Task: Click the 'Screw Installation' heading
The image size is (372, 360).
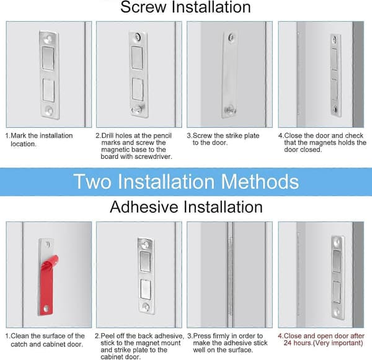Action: click(185, 7)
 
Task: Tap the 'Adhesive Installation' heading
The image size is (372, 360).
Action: click(186, 207)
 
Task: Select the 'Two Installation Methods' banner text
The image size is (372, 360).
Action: click(186, 182)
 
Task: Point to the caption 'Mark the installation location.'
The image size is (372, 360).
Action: click(39, 140)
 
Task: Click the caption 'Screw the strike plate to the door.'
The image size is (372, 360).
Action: click(223, 139)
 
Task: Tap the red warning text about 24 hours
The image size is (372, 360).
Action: click(321, 340)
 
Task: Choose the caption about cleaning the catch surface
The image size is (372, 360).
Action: click(45, 340)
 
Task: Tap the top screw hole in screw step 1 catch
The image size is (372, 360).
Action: click(49, 38)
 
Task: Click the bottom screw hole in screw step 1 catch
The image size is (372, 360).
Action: click(50, 110)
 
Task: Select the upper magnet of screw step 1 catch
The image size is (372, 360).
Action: click(48, 58)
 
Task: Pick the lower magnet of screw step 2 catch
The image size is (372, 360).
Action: click(138, 89)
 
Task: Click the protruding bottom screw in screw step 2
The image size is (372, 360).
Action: click(138, 109)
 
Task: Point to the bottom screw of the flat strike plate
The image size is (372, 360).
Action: click(229, 110)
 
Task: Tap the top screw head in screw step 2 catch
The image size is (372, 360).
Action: click(138, 37)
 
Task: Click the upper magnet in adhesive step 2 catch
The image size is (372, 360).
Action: click(145, 261)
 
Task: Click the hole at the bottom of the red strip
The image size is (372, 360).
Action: click(46, 309)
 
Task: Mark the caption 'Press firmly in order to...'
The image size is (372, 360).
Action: click(228, 343)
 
